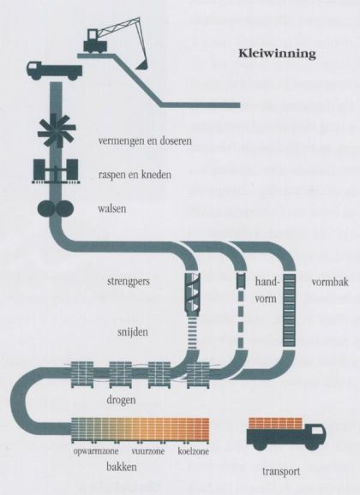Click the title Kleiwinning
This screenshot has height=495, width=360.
[x=277, y=53]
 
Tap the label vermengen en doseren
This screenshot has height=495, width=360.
[x=145, y=140]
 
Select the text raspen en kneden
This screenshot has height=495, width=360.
[x=135, y=175]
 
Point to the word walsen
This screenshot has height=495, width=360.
[x=112, y=208]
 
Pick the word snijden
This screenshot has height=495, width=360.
[x=133, y=332]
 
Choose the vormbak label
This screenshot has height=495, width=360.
[x=330, y=282]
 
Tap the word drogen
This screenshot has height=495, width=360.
[x=121, y=400]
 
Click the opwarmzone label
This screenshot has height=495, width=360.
[x=96, y=451]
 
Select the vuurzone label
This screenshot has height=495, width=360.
[x=148, y=451]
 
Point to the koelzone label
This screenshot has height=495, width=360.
[x=194, y=451]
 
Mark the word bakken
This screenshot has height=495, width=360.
[x=122, y=467]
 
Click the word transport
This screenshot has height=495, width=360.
[x=281, y=472]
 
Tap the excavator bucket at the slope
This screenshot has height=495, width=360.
[x=141, y=65]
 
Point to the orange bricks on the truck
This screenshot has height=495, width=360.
[x=275, y=423]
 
